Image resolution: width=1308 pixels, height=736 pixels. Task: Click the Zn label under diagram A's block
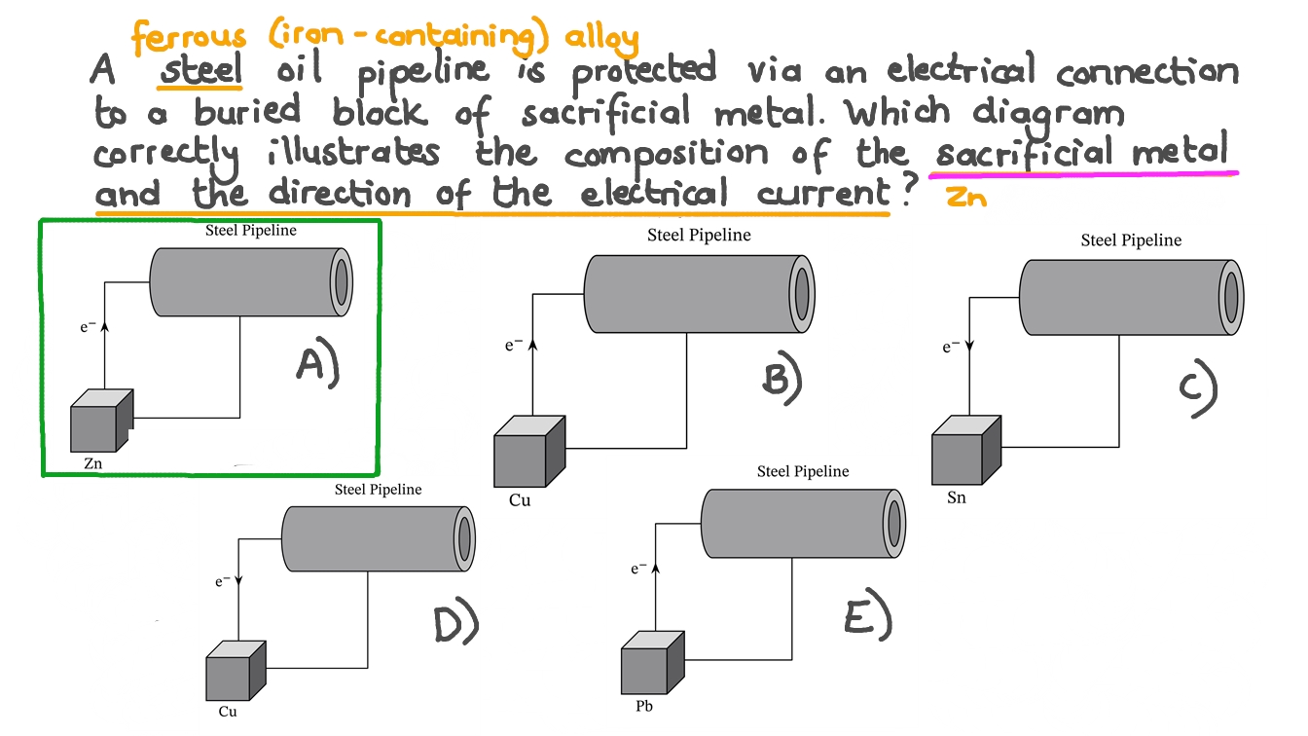click(92, 464)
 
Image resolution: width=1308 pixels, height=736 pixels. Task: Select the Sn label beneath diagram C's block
click(957, 499)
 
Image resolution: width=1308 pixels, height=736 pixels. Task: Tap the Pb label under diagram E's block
click(644, 706)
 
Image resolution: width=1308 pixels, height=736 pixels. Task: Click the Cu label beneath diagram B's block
click(520, 501)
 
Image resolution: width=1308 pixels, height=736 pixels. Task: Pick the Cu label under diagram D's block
click(227, 712)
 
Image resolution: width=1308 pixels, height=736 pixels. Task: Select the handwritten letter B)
click(781, 379)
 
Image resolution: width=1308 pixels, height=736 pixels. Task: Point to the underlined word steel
click(202, 72)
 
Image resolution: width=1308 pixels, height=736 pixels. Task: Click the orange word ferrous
click(190, 38)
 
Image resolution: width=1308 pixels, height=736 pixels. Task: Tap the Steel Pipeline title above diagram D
click(378, 489)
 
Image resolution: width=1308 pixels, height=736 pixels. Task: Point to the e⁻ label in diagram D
click(223, 581)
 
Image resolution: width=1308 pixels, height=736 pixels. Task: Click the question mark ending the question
click(910, 192)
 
